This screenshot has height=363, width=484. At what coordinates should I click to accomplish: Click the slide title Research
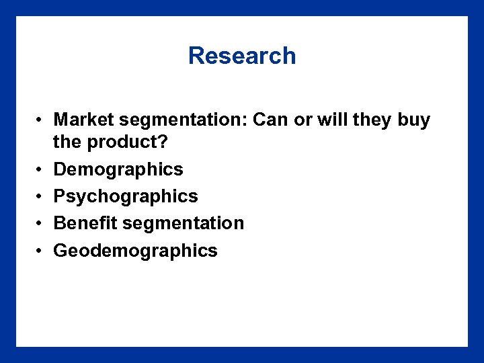242,56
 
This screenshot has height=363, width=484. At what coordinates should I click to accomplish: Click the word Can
270,120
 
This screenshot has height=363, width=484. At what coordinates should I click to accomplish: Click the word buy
414,120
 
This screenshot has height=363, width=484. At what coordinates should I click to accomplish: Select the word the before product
67,143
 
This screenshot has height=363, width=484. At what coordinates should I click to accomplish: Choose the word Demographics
118,169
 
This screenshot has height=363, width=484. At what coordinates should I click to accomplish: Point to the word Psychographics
126,196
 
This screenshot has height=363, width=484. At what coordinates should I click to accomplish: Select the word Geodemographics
135,251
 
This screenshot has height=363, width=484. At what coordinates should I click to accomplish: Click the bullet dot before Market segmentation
41,121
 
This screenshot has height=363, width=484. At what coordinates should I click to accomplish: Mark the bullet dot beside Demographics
41,169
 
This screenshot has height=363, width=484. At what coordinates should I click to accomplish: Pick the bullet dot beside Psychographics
41,196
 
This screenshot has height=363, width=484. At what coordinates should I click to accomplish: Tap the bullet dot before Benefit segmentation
41,223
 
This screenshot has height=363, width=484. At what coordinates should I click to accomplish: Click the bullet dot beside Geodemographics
41,251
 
